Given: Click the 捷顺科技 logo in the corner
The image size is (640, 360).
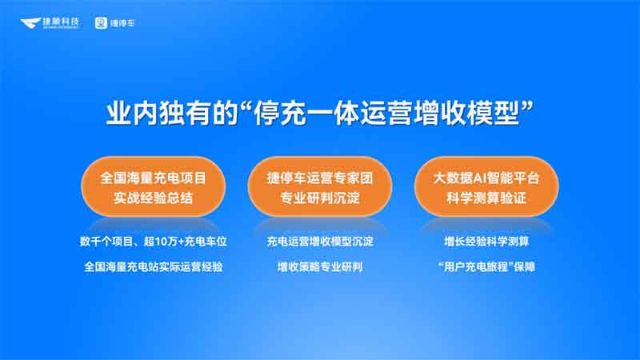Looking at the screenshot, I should [x=49, y=24].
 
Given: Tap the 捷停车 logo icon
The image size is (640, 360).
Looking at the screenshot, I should [x=102, y=24].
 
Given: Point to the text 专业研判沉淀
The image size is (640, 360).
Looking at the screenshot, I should [x=320, y=198].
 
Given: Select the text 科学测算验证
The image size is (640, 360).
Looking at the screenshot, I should [x=488, y=198].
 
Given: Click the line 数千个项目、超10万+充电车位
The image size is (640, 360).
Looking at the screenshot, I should [x=151, y=241].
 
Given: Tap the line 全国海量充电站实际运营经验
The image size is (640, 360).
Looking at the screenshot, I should [x=151, y=266].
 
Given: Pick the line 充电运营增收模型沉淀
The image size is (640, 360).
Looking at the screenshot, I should [x=320, y=241].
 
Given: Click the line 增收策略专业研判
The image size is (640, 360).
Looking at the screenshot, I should [x=320, y=266].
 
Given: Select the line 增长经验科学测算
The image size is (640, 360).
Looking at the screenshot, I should [x=488, y=241].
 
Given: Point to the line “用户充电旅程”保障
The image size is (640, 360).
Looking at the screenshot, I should [x=488, y=266].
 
